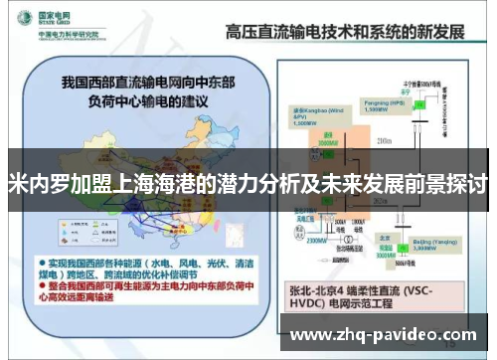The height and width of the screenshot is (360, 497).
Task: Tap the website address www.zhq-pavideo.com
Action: pyautogui.click(x=389, y=334)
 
